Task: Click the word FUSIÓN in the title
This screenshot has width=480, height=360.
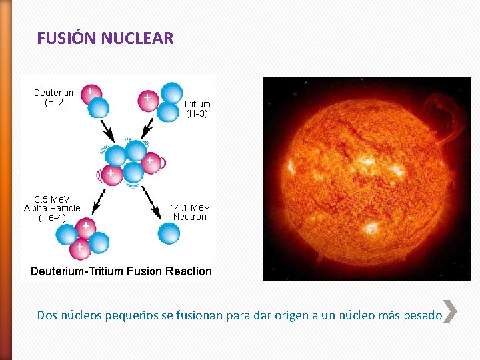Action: [67, 38]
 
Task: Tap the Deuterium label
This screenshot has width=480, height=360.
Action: [55, 93]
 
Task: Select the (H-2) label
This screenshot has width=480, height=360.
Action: [55, 103]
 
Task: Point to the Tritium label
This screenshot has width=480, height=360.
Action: [197, 104]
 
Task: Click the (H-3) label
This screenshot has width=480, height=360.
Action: [197, 113]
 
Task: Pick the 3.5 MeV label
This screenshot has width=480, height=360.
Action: [53, 199]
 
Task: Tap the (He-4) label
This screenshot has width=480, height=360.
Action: [52, 217]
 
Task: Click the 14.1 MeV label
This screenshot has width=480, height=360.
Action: [190, 207]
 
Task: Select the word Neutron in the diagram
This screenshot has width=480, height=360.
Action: [190, 217]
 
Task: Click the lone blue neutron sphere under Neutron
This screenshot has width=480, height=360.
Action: [169, 233]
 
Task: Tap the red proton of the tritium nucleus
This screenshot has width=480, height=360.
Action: [147, 100]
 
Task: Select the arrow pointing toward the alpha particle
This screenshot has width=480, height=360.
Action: [98, 200]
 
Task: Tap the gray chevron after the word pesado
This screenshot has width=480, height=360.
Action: [450, 311]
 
